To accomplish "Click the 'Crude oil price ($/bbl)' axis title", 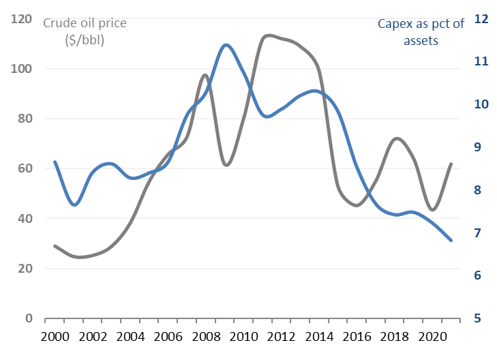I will pyautogui.click(x=85, y=31).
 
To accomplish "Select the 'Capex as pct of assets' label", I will pyautogui.click(x=421, y=32).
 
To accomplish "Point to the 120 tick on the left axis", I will pyautogui.click(x=24, y=19).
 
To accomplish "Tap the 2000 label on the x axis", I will pyautogui.click(x=55, y=337).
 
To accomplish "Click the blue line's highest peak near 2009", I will pyautogui.click(x=226, y=45).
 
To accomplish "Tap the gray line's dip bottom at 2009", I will pyautogui.click(x=226, y=165).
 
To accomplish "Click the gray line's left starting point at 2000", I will pyautogui.click(x=55, y=245).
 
